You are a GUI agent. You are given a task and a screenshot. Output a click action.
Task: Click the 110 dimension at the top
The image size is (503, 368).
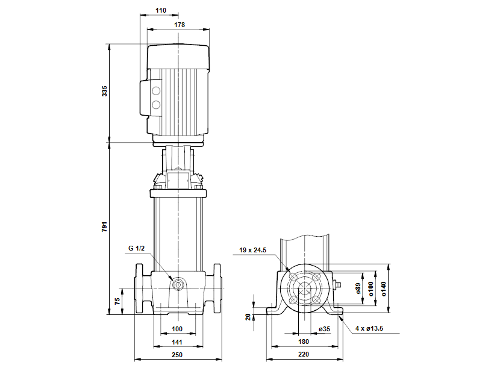click(x=159, y=11)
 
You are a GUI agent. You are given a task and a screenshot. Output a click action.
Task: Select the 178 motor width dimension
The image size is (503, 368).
click(x=178, y=25)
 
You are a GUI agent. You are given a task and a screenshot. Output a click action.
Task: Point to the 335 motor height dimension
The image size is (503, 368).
click(x=105, y=92)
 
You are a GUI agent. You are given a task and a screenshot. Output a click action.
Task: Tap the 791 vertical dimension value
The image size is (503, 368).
click(x=105, y=227)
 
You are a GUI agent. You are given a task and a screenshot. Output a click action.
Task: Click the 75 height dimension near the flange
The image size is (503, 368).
click(x=118, y=299)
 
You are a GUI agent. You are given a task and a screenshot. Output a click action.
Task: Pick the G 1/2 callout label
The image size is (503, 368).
click(x=137, y=248)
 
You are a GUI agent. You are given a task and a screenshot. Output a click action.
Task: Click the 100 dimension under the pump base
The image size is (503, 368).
click(x=177, y=329)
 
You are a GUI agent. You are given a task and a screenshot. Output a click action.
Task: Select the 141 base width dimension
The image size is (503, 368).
click(x=177, y=342)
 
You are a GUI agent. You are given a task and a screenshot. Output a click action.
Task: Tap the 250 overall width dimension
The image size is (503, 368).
click(x=177, y=355)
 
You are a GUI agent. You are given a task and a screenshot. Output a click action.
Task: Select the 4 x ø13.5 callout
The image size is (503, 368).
click(x=369, y=329)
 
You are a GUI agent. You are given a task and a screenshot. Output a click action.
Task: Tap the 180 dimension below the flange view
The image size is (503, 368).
click(x=304, y=342)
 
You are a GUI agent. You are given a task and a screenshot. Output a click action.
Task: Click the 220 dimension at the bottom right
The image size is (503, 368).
click(x=304, y=355)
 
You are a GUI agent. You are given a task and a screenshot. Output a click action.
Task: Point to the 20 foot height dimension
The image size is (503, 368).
click(x=248, y=316)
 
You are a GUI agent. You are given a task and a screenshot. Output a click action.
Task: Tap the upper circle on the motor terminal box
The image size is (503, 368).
click(x=156, y=92)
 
